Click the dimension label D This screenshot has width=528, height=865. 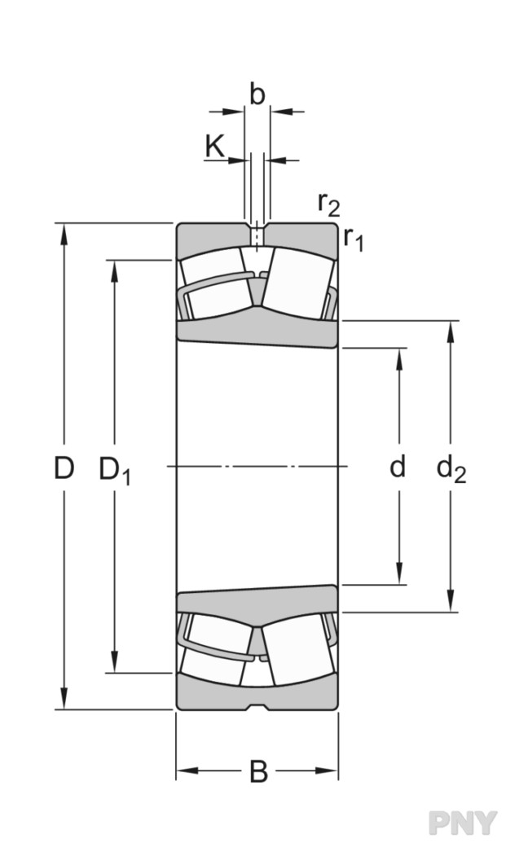pos(64,468)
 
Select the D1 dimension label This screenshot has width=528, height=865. pos(114,470)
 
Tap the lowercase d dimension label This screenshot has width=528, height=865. pos(398,468)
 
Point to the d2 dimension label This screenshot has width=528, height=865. pos(451,470)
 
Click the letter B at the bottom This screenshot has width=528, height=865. pos(257,771)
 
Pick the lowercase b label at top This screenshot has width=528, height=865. pos(257,95)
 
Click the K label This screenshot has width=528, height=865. pos(214,147)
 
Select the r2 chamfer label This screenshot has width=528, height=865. pos(328,202)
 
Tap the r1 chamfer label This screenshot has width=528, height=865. pos(353,238)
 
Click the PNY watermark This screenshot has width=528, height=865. pos(462,823)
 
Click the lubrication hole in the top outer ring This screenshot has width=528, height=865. pos(257,236)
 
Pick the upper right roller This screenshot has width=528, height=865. pos(297,283)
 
